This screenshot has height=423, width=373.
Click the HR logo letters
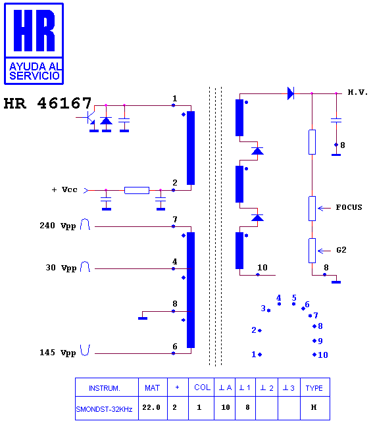34,30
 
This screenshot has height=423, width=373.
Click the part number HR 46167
47,103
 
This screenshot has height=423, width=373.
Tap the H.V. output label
358,93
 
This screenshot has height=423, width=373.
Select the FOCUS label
349,207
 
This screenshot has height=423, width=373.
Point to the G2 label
341,250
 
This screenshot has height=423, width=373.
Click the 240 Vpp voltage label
58,226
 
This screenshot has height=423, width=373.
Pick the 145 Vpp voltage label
58,353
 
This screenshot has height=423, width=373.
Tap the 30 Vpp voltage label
61,268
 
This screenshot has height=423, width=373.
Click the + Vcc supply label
64,189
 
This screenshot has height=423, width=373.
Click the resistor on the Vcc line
137,191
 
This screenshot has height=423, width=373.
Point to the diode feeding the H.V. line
291,93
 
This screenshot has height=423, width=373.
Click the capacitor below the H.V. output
336,120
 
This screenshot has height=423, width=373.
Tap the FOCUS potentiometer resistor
312,209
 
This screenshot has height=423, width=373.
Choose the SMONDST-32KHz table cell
104,409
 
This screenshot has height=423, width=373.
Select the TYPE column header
314,388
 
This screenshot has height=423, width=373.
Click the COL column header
202,387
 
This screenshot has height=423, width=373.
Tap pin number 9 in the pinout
320,341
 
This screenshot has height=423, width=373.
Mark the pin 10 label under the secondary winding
262,268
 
